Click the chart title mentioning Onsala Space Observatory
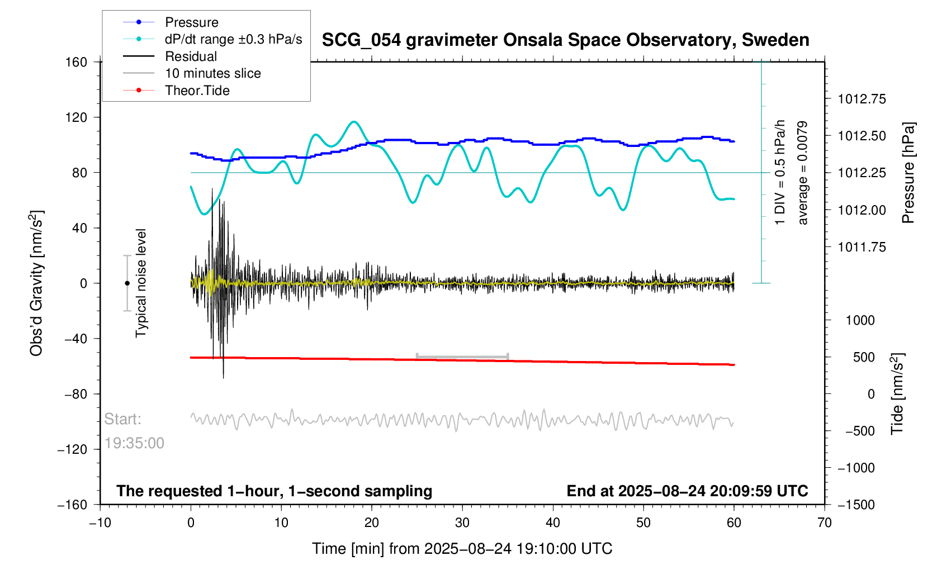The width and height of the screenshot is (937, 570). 565,40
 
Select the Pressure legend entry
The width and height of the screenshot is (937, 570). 191,22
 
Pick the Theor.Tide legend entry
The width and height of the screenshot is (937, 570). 197,91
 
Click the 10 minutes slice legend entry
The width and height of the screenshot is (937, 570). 212,73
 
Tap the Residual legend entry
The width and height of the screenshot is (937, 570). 191,56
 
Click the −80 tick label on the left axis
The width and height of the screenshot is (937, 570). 76,394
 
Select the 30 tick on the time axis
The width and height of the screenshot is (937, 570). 462,523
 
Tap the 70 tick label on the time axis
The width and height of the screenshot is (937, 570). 825,523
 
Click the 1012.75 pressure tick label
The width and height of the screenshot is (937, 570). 862,99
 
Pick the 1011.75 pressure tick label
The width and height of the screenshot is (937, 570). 862,247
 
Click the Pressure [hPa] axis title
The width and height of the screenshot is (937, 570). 908,173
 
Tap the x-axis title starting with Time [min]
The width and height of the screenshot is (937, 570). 462,549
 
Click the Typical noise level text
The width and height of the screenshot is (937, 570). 141,283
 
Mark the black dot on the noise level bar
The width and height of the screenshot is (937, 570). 127,283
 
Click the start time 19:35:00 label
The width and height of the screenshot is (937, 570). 134,443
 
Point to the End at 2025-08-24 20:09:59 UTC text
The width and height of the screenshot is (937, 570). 687,491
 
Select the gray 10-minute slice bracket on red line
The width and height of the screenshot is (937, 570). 462,357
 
